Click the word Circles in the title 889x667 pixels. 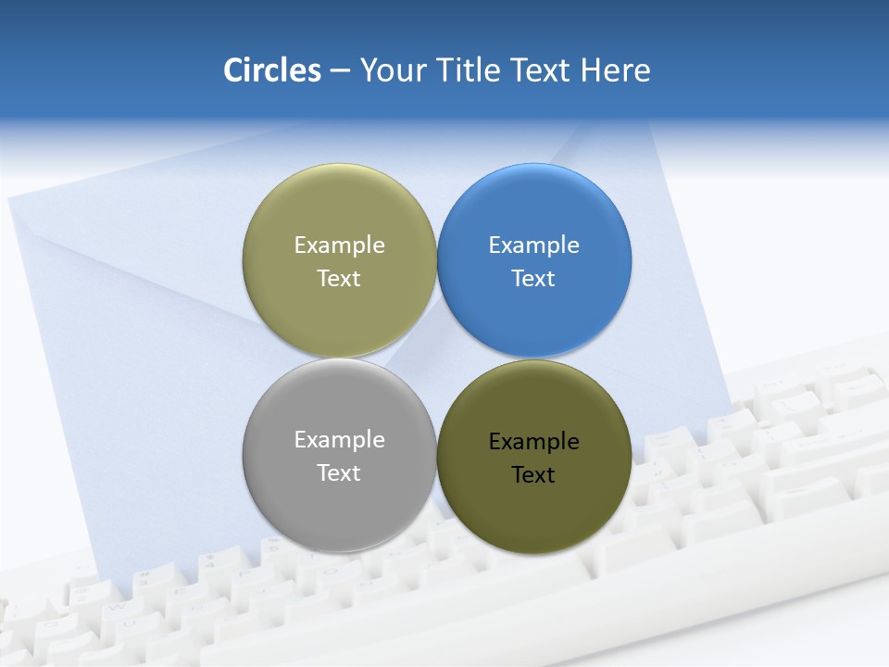click(x=271, y=70)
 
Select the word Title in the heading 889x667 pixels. click(x=471, y=70)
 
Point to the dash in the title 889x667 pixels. click(x=340, y=71)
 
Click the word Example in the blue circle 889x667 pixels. click(x=534, y=245)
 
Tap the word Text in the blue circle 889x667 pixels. click(x=533, y=279)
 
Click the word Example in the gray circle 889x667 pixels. click(x=339, y=440)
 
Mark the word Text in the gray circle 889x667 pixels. click(x=339, y=473)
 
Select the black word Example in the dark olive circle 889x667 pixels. click(x=534, y=442)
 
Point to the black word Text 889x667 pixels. click(x=533, y=475)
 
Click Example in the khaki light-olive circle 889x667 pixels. click(x=339, y=245)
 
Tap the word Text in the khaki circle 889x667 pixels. click(x=339, y=279)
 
